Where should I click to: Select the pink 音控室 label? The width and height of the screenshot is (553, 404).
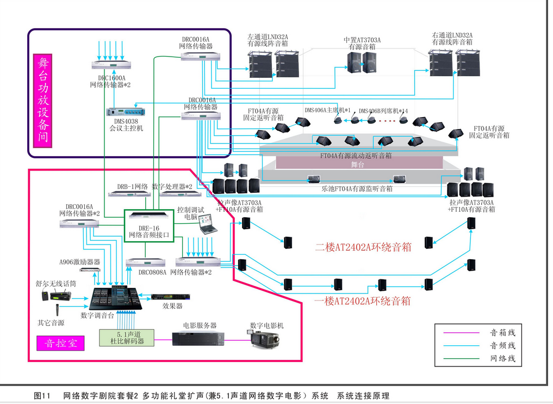[60, 344]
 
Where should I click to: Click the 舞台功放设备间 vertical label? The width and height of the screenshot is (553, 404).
[42, 99]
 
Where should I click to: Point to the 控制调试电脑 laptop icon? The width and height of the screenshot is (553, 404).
[208, 224]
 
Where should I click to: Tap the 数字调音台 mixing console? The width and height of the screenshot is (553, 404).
[115, 298]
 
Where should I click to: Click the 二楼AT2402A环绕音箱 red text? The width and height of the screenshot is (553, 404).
[363, 247]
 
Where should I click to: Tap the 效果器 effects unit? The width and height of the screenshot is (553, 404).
[166, 297]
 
